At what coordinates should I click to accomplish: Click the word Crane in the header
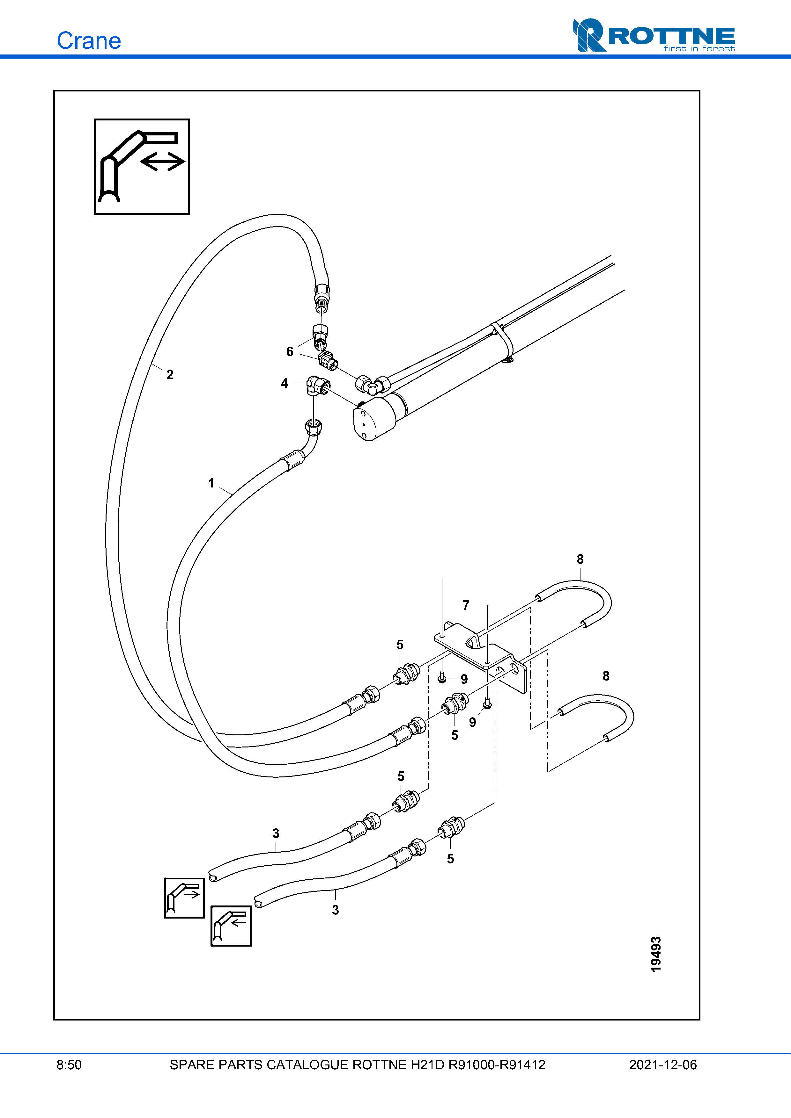coord(89,41)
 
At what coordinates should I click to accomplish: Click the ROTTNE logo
coord(654,35)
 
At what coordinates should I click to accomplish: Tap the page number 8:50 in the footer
coord(69,1065)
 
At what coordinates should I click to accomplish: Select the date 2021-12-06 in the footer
coord(663,1065)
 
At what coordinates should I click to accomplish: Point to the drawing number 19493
coord(656,954)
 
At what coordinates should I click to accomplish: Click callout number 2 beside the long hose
coord(170,374)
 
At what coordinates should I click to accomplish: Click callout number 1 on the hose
coord(211,483)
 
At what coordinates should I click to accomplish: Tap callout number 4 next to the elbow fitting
coord(284,383)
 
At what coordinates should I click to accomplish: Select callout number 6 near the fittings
coord(290,351)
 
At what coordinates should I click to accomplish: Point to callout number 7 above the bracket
coord(466,605)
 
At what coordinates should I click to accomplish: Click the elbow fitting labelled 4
coord(318,386)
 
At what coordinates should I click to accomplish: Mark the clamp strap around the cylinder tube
coord(502,341)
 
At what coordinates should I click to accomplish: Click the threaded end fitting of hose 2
coord(321,298)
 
